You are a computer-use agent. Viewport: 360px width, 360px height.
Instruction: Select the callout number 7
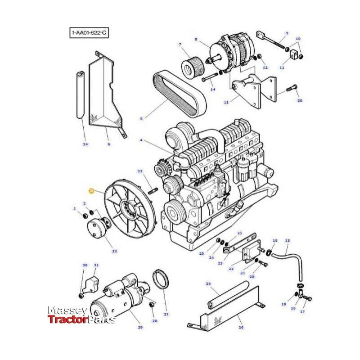pos(180,45)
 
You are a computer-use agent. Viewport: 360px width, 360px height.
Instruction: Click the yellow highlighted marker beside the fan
pos(92,191)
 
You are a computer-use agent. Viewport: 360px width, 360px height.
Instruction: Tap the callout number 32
pos(114,251)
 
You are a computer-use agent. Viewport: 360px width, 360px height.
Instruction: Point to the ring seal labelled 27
pos(160,279)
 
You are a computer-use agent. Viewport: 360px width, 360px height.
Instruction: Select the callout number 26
pos(241,327)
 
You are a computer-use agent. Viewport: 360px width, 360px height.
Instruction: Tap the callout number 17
pos(302,311)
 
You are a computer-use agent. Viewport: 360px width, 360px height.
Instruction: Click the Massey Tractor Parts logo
pos(81,315)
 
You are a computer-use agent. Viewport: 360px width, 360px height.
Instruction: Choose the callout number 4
pos(141,140)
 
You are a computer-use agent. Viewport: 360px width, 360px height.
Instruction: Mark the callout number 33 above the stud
pos(139,171)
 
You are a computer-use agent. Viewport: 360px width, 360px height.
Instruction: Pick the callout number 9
pos(286,33)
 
